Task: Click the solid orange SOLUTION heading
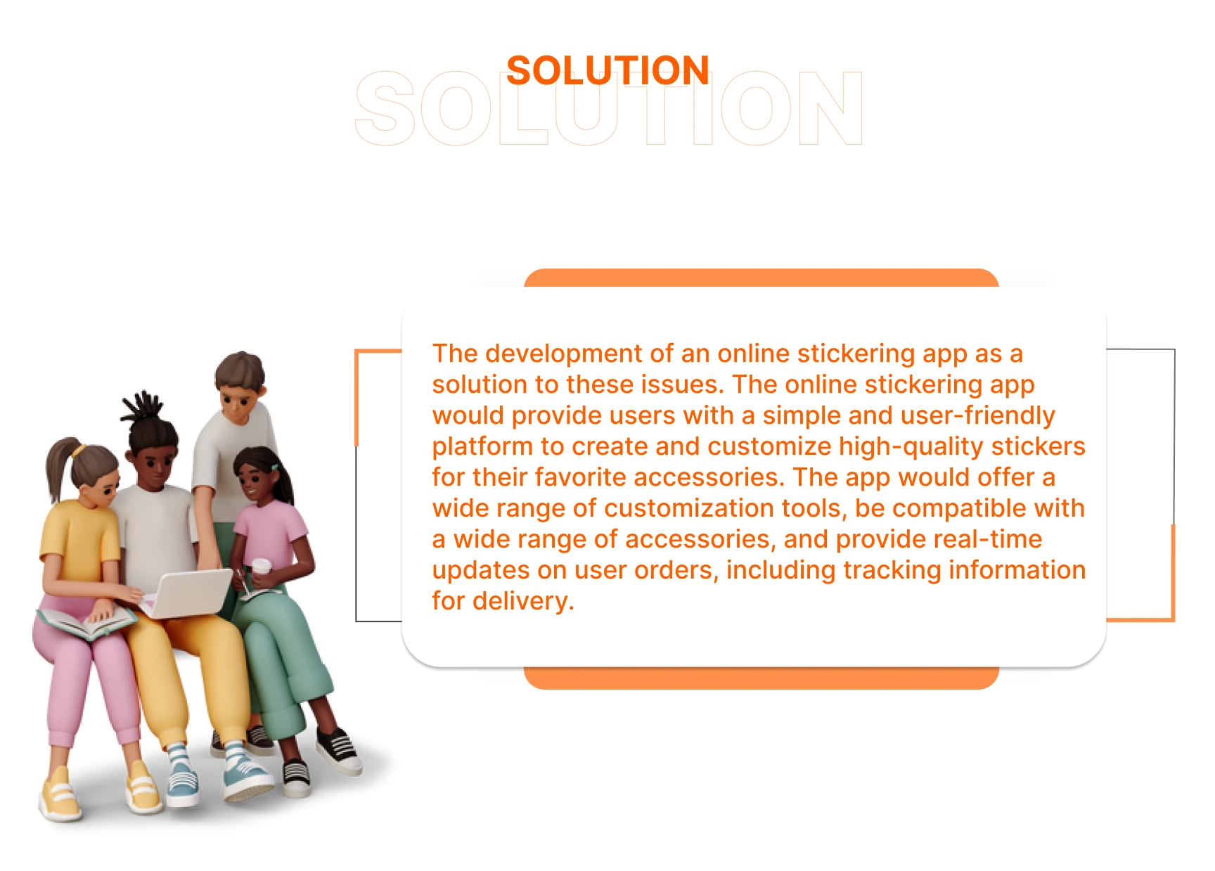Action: click(x=607, y=70)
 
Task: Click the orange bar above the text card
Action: click(x=761, y=278)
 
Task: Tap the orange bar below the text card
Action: click(x=761, y=678)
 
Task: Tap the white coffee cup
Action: click(x=261, y=569)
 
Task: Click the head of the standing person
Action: click(x=240, y=387)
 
